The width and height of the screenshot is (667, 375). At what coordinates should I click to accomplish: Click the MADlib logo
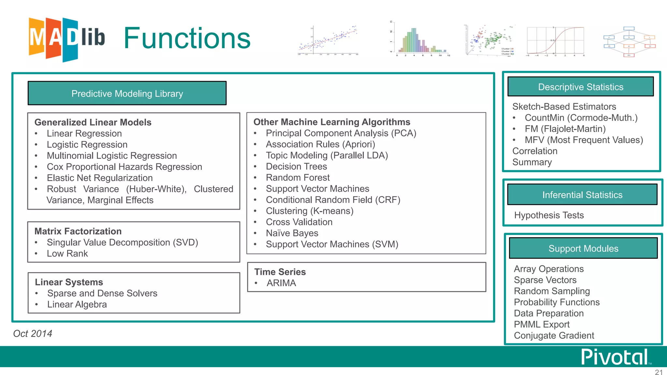click(67, 39)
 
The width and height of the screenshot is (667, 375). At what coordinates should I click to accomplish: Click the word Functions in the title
click(187, 38)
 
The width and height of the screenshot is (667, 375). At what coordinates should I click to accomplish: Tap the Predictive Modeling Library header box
click(127, 93)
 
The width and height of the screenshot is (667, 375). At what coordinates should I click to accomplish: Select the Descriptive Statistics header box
click(580, 87)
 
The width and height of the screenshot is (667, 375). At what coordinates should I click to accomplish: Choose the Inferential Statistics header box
click(582, 195)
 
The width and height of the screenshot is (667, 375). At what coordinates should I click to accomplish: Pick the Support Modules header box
click(583, 248)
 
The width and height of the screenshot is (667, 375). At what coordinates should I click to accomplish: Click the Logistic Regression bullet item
click(87, 145)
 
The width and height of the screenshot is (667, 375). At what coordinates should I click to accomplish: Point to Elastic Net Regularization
click(100, 178)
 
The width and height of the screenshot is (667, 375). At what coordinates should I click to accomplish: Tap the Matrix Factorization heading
click(78, 231)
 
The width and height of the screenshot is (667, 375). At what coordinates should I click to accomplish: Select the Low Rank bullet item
click(67, 254)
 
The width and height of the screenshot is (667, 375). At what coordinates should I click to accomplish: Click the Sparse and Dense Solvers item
click(102, 293)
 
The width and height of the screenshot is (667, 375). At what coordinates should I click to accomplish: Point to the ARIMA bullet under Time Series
click(281, 283)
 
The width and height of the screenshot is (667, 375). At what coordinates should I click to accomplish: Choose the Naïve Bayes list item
click(292, 233)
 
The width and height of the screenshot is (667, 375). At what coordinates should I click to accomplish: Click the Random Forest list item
click(298, 178)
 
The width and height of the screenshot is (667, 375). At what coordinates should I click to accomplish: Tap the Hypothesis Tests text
click(549, 215)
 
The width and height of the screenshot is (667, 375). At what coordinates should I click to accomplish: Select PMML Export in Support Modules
click(542, 325)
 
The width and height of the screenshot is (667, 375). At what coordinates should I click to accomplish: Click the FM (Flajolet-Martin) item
click(565, 129)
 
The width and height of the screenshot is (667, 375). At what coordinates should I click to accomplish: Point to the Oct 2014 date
click(33, 334)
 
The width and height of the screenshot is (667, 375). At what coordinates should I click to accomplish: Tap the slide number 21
click(659, 372)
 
